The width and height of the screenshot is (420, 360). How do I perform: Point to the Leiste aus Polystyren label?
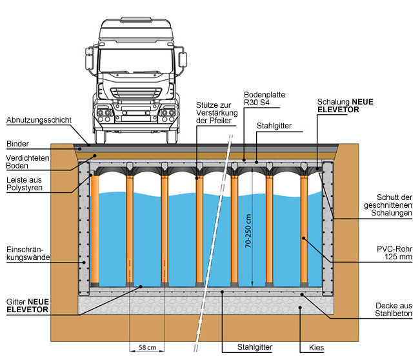pyautogui.click(x=25, y=186)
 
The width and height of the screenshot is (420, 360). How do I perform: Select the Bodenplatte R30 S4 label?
pyautogui.click(x=265, y=98)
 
